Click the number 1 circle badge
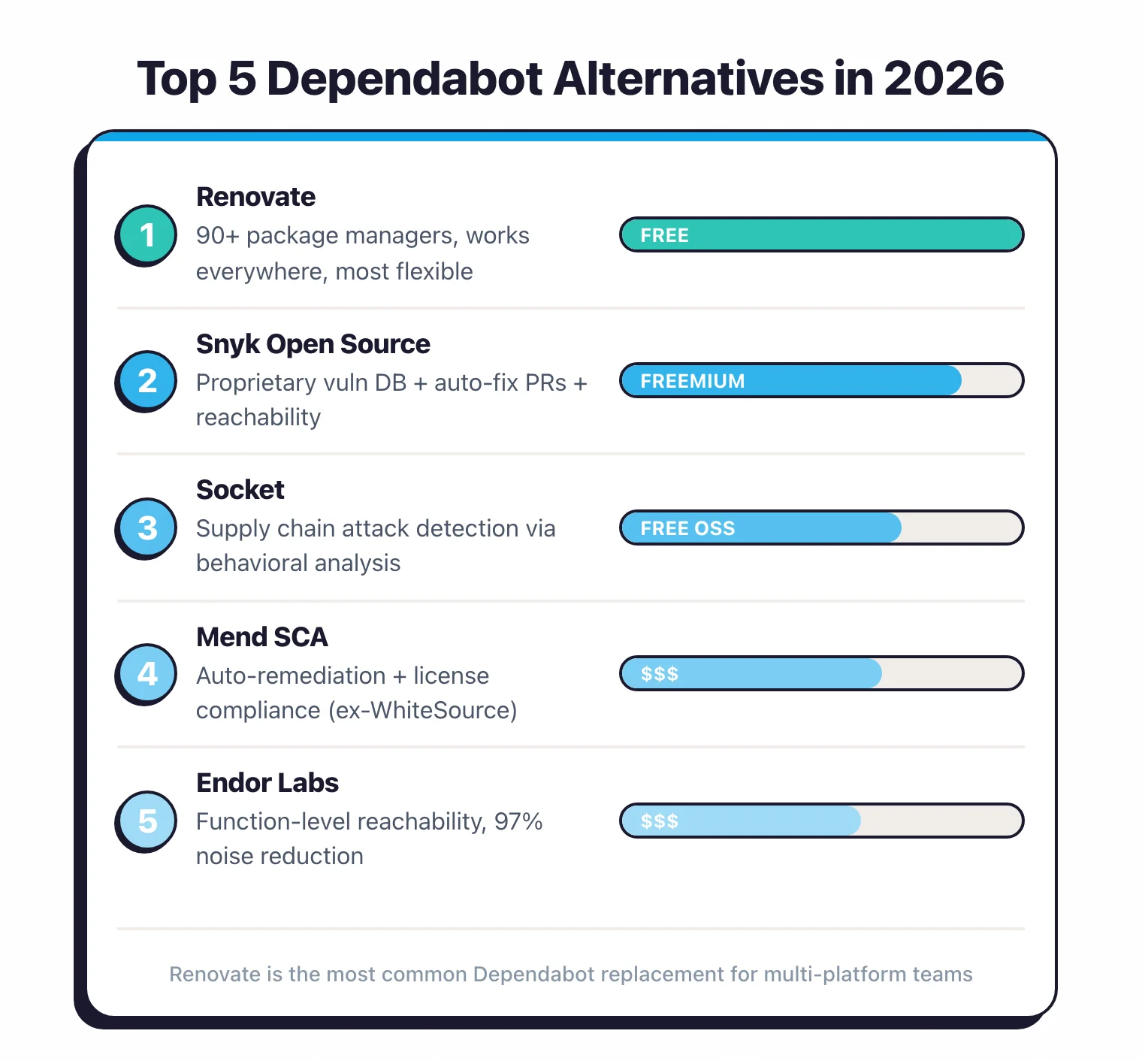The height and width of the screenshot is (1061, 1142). (147, 234)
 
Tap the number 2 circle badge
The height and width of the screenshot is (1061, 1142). (147, 381)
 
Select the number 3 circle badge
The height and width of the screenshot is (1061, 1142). (147, 527)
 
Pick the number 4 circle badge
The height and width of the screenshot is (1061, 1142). (147, 673)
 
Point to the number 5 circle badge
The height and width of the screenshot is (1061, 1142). (147, 821)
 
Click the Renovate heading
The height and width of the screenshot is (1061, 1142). (255, 197)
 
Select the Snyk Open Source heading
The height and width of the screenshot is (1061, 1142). (313, 344)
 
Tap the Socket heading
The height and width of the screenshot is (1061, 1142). (240, 490)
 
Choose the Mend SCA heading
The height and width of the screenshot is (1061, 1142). (261, 637)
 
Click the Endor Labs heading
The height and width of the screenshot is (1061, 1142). (267, 783)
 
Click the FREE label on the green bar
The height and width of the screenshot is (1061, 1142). (664, 235)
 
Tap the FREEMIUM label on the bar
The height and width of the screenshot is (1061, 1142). (692, 381)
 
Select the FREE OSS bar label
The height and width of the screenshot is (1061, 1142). (687, 528)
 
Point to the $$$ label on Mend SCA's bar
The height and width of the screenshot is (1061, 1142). (659, 674)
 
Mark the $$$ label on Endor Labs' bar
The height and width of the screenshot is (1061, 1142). (659, 821)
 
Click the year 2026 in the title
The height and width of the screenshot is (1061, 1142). (944, 78)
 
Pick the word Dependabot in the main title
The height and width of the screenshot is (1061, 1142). (405, 78)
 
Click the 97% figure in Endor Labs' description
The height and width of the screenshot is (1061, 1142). (518, 821)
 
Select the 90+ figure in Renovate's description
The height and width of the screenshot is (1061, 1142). (218, 236)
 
